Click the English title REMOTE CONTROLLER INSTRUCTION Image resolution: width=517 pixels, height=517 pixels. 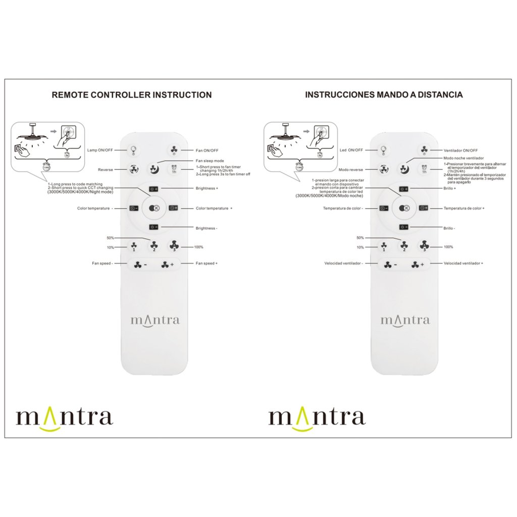(132, 94)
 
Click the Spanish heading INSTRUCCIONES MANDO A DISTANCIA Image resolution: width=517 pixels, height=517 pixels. (384, 94)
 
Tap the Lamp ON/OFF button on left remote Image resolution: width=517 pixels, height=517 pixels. (134, 150)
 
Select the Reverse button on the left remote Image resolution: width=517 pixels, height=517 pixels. (134, 170)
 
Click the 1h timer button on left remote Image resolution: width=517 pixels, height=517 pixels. (174, 170)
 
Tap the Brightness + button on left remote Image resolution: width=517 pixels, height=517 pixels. (153, 189)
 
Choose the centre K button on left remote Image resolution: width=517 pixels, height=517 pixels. (154, 208)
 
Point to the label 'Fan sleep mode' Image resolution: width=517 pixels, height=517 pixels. (210, 161)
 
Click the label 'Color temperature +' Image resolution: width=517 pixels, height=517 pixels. (214, 208)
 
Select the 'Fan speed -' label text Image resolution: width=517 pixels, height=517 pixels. (102, 264)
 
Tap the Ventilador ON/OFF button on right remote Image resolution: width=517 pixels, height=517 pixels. (424, 150)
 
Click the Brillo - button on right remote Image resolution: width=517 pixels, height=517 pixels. (403, 227)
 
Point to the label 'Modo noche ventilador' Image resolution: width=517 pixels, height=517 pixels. (463, 158)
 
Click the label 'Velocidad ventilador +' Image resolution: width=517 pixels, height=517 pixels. (463, 264)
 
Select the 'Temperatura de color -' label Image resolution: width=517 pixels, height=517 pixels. (343, 208)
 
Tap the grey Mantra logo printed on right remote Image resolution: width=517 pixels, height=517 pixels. (405, 320)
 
